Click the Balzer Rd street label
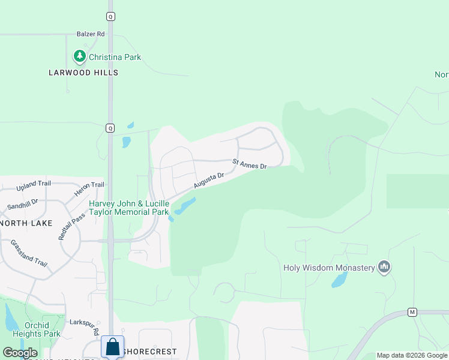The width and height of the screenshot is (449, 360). click(91, 34)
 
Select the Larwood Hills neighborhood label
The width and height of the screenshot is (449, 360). click(83, 73)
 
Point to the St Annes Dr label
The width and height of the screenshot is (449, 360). click(249, 163)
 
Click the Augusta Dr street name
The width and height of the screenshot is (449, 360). click(209, 179)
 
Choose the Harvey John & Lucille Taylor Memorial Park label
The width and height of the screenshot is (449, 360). click(129, 208)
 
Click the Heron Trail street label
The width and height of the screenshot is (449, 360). click(89, 188)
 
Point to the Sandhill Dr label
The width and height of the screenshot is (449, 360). click(23, 205)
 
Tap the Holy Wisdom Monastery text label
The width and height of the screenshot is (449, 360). click(329, 268)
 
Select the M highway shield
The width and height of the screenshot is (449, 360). click(412, 312)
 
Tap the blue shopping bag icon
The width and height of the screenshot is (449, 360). click(112, 347)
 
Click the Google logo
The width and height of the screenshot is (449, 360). click(20, 353)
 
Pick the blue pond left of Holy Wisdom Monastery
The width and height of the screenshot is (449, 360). click(340, 279)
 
